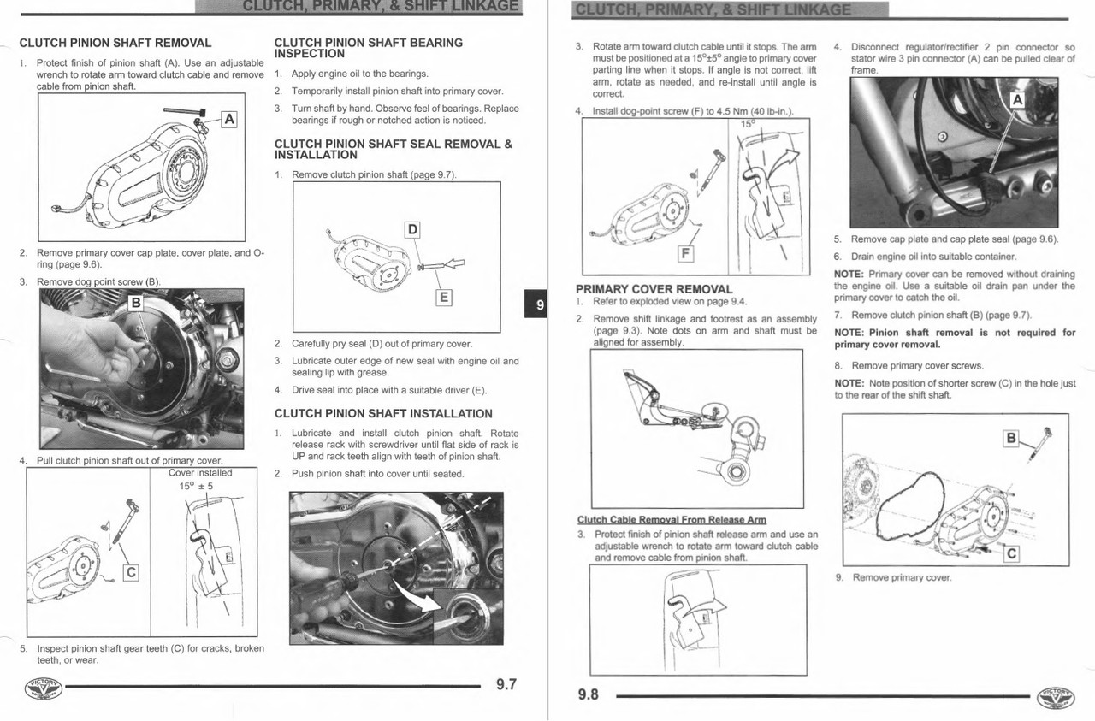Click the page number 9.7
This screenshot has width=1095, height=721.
pos(506,685)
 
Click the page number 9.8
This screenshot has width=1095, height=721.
pos(589,694)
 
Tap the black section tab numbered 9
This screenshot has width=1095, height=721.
pos(539,304)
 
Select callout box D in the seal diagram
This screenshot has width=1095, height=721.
pos(412,229)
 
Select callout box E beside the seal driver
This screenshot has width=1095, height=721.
pos(443,298)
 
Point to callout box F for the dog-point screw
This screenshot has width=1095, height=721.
pos(685,253)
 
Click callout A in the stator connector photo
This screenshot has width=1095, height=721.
pos(1017,100)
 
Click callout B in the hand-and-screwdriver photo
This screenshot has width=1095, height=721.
pos(135,303)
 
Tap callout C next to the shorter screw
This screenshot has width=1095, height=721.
pos(1011,553)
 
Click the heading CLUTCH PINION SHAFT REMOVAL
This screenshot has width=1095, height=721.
pos(115,43)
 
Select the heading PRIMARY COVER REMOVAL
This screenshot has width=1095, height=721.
pos(654,289)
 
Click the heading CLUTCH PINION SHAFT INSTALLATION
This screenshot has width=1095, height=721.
pos(383,414)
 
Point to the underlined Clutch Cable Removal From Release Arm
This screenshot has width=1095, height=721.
pos(672,520)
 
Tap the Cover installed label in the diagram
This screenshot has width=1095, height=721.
pos(200,473)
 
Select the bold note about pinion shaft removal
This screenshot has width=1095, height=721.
pos(955,339)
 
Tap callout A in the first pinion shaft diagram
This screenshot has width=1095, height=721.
pos(228,119)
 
